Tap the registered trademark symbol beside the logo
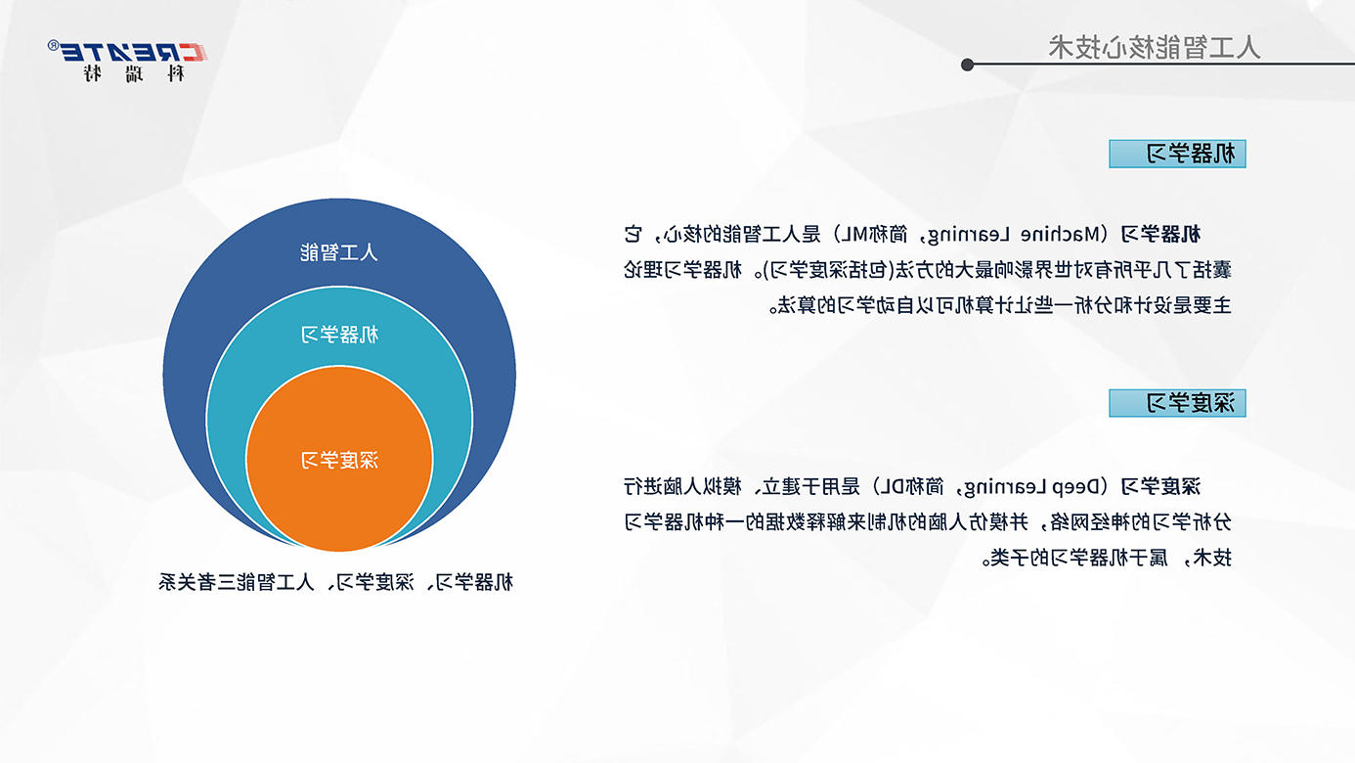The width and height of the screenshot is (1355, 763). (x=53, y=45)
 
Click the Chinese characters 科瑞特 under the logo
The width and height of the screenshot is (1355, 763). (x=134, y=73)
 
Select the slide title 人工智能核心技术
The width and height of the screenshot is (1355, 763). (x=1155, y=47)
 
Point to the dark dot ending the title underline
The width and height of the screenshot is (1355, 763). (x=967, y=65)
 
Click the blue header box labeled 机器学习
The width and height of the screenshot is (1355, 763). (x=1177, y=154)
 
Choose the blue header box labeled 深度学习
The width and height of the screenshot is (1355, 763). (x=1177, y=403)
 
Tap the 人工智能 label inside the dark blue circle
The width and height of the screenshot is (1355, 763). (x=339, y=251)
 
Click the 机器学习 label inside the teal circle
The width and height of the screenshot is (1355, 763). (x=339, y=334)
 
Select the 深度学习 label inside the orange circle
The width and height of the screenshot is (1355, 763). (x=339, y=460)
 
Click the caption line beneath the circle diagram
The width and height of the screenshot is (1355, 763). (x=335, y=582)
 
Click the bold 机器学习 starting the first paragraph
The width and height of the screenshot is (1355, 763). (x=1160, y=234)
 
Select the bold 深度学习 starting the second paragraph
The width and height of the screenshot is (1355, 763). (x=1160, y=486)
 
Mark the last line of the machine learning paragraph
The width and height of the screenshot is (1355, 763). (x=1000, y=305)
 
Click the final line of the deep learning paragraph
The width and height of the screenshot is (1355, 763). (x=1107, y=558)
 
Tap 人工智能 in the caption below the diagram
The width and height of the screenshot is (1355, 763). (x=276, y=582)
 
